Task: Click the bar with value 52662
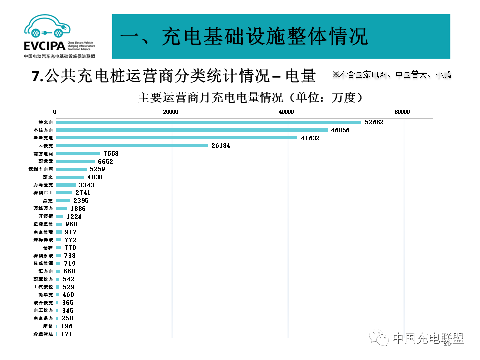click(208, 122)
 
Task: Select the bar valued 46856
click(192, 130)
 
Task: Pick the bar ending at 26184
click(132, 146)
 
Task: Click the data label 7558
click(111, 154)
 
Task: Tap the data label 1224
click(74, 217)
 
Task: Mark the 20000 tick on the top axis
click(171, 112)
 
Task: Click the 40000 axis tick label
click(287, 112)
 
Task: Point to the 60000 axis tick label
click(402, 112)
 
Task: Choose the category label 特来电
click(46, 122)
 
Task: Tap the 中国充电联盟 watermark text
click(428, 339)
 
